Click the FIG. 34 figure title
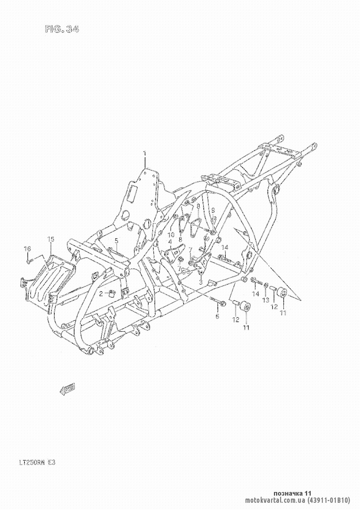point(62,30)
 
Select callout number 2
point(102,293)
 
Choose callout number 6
point(217,316)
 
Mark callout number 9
point(213,210)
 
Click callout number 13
point(266,300)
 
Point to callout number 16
point(27,248)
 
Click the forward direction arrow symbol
point(67,388)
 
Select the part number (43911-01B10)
point(329,500)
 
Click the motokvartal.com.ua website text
point(276,500)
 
